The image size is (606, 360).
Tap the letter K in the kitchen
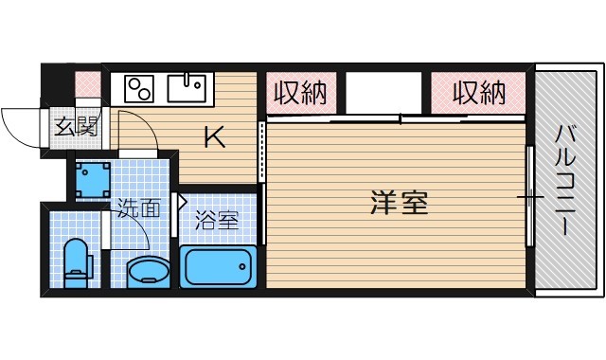pyautogui.click(x=216, y=138)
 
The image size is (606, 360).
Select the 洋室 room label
pyautogui.click(x=399, y=202)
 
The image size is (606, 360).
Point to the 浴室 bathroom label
pyautogui.click(x=217, y=221)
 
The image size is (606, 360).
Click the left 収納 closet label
pyautogui.click(x=300, y=93)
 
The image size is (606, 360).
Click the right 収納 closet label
pyautogui.click(x=476, y=93)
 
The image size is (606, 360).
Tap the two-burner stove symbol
pyautogui.click(x=139, y=89)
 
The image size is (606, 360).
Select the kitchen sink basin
pyautogui.click(x=189, y=89)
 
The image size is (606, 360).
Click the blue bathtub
pyautogui.click(x=219, y=267)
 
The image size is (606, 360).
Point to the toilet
pyautogui.click(x=75, y=261)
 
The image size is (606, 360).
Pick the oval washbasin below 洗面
pyautogui.click(x=147, y=272)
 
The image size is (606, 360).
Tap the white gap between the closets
pyautogui.click(x=383, y=94)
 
